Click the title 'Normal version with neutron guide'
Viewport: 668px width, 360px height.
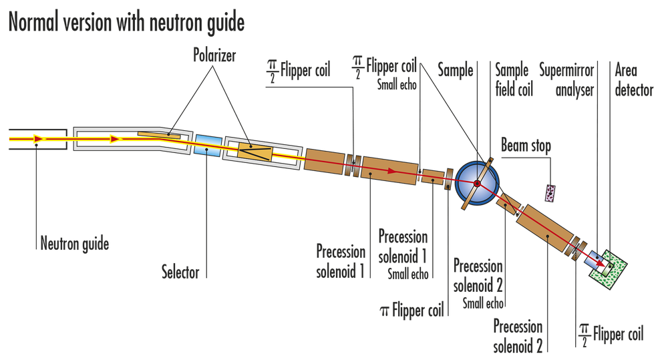126,23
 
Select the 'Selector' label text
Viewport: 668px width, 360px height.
180,273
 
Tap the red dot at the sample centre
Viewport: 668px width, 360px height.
477,182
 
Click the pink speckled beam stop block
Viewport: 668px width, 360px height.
550,193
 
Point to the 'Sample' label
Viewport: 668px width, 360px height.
456,69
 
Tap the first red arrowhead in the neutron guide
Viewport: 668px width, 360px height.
39,139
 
